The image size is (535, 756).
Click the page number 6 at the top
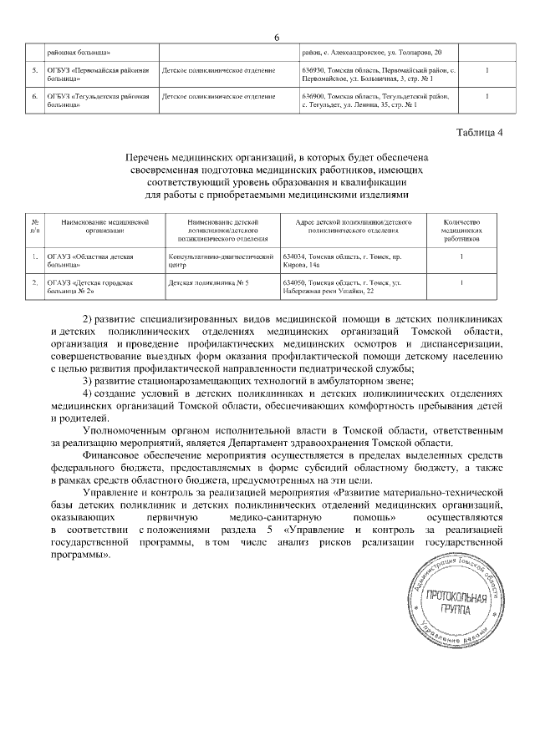pyautogui.click(x=275, y=36)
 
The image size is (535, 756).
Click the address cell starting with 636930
pyautogui.click(x=380, y=75)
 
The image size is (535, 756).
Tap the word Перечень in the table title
pyautogui.click(x=150, y=157)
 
